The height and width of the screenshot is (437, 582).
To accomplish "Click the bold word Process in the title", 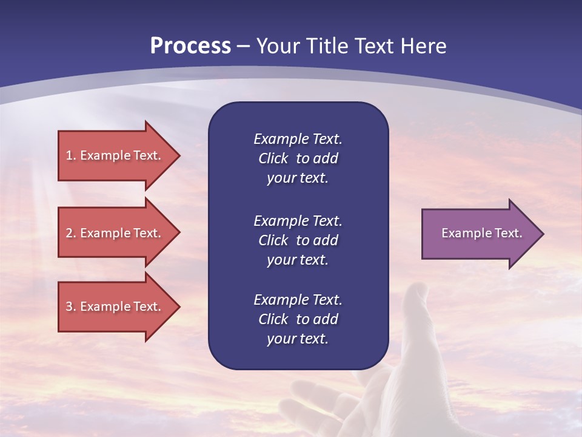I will point(190,46).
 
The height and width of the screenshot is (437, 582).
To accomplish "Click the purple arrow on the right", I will point(479,234).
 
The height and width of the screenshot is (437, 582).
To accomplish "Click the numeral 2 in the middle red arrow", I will point(69,233).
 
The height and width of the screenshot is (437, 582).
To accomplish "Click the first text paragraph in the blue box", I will point(298,158).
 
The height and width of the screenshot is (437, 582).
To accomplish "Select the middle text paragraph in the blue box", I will point(298,240).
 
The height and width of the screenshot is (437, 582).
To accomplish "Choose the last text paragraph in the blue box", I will point(298,319).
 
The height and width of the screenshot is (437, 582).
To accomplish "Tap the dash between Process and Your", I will point(243,46).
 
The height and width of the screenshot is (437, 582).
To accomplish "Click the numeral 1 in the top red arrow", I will point(69,155).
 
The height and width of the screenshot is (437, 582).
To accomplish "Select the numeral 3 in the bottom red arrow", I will point(69,307).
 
